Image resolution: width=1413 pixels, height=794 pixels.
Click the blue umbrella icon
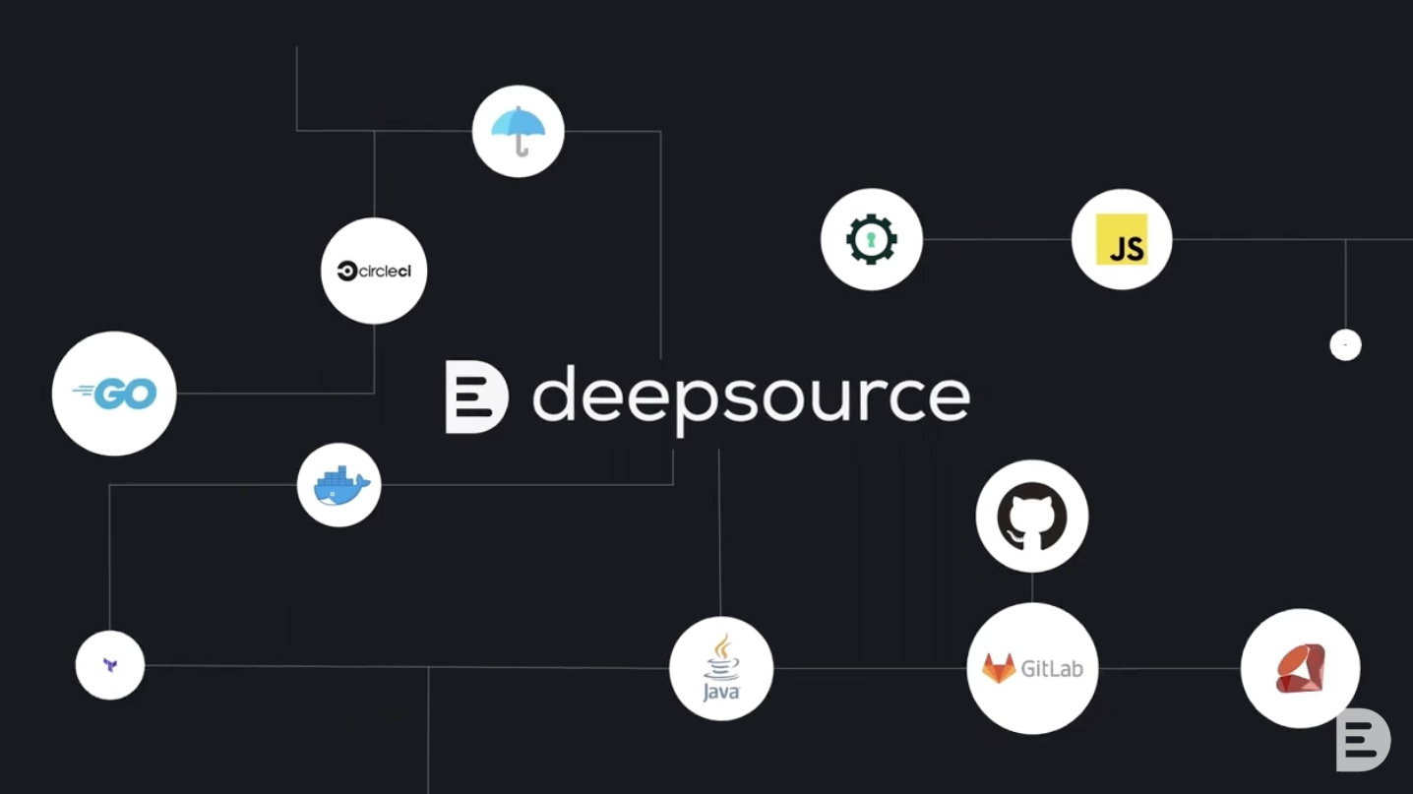pos(519,125)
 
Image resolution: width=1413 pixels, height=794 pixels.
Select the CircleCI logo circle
pos(374,271)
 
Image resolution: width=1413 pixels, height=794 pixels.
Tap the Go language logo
pos(114,394)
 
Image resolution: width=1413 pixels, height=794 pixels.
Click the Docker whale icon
pos(339,485)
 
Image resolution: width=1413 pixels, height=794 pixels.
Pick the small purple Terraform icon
pos(110,665)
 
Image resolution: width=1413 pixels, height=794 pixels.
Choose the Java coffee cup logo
pos(721,667)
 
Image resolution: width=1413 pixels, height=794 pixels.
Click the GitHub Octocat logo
pos(1031,516)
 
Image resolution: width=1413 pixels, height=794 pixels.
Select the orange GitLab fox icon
pos(999,668)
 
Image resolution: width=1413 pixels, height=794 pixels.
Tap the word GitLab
pos(1052,669)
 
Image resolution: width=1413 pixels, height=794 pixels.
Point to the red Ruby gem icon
pos(1300,668)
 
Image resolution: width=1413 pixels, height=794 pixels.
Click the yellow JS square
pos(1122,239)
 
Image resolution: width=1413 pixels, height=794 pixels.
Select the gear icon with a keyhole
pos(871,239)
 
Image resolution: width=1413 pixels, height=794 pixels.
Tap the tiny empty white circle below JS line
pos(1345,344)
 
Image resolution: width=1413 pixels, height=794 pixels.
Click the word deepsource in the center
pos(751,396)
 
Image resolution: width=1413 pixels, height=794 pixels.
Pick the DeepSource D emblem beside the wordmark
pos(476,397)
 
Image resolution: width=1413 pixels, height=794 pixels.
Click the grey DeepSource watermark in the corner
pos(1363,739)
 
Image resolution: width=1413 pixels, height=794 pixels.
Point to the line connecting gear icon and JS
pos(996,239)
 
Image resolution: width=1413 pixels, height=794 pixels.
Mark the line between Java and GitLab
pos(870,668)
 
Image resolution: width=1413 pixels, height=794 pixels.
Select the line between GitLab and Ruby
pos(1169,668)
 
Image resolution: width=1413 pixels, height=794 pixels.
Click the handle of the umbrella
pos(522,148)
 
